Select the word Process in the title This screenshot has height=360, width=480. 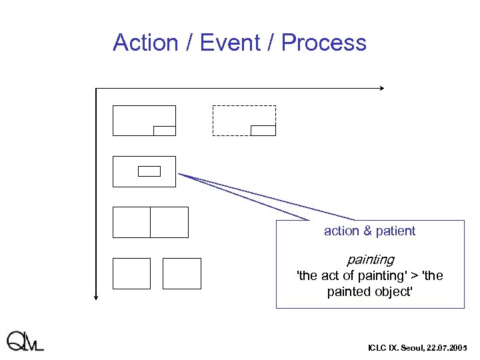pos(323,43)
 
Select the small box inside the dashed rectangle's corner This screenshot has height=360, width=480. pos(263,130)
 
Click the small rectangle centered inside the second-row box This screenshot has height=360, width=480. pos(149,171)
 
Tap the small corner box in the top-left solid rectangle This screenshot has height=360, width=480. pos(164,131)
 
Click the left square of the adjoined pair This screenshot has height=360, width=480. pos(131,222)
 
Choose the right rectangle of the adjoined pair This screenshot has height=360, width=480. pos(169,222)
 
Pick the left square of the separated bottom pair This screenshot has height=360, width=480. pos(131,273)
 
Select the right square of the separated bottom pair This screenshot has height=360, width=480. pos(181,273)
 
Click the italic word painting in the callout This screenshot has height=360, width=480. pos(370,259)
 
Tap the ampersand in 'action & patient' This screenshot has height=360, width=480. pos(366,231)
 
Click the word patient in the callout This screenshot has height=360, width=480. pos(395,231)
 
